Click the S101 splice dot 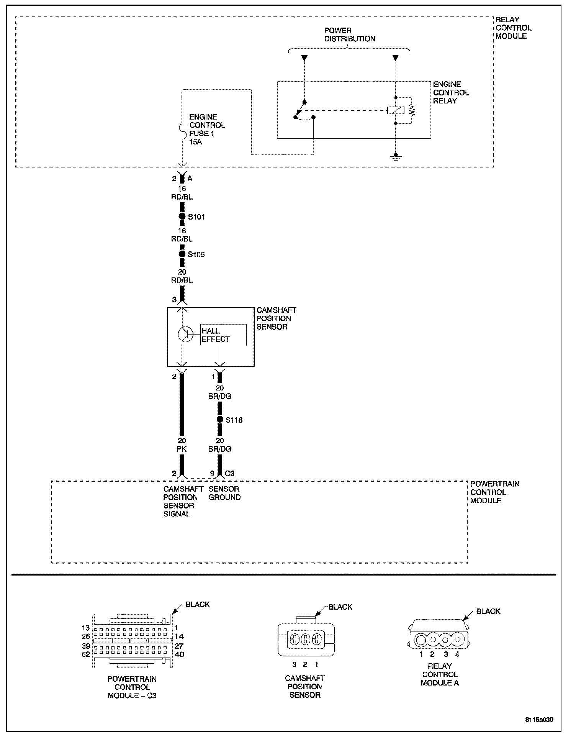[x=182, y=216]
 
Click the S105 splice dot [x=182, y=254]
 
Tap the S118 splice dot [x=220, y=420]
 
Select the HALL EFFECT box [x=223, y=335]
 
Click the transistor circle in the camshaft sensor [x=185, y=335]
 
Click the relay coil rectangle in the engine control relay [x=396, y=110]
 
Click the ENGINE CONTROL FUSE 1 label [x=207, y=129]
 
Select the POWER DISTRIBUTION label [x=349, y=34]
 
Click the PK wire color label [x=182, y=449]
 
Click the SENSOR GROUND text [x=224, y=493]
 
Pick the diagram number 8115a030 [x=539, y=719]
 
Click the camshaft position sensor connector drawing [x=305, y=639]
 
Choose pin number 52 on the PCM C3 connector [x=86, y=654]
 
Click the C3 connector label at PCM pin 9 [x=229, y=474]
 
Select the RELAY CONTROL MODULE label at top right [x=513, y=28]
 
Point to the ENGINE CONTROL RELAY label [x=451, y=92]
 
